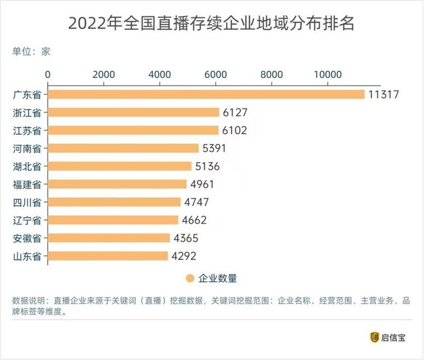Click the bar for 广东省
(x=205, y=95)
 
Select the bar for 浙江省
(x=132, y=112)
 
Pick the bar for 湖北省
(x=119, y=166)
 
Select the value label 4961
(x=202, y=184)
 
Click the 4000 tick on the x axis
(x=160, y=74)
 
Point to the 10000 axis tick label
(x=329, y=74)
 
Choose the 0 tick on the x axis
(x=47, y=74)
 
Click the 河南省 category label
(x=28, y=148)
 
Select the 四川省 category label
(x=28, y=202)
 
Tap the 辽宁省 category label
(x=28, y=220)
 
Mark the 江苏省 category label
(x=28, y=130)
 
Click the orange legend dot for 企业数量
(x=189, y=279)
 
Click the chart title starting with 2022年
(x=212, y=24)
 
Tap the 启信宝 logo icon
(x=374, y=337)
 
